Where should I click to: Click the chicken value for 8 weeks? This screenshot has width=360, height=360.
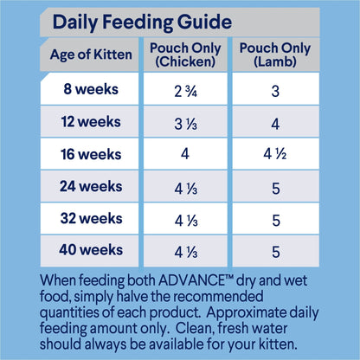[x=185, y=89]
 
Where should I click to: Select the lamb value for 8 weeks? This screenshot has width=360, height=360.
[x=274, y=89]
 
